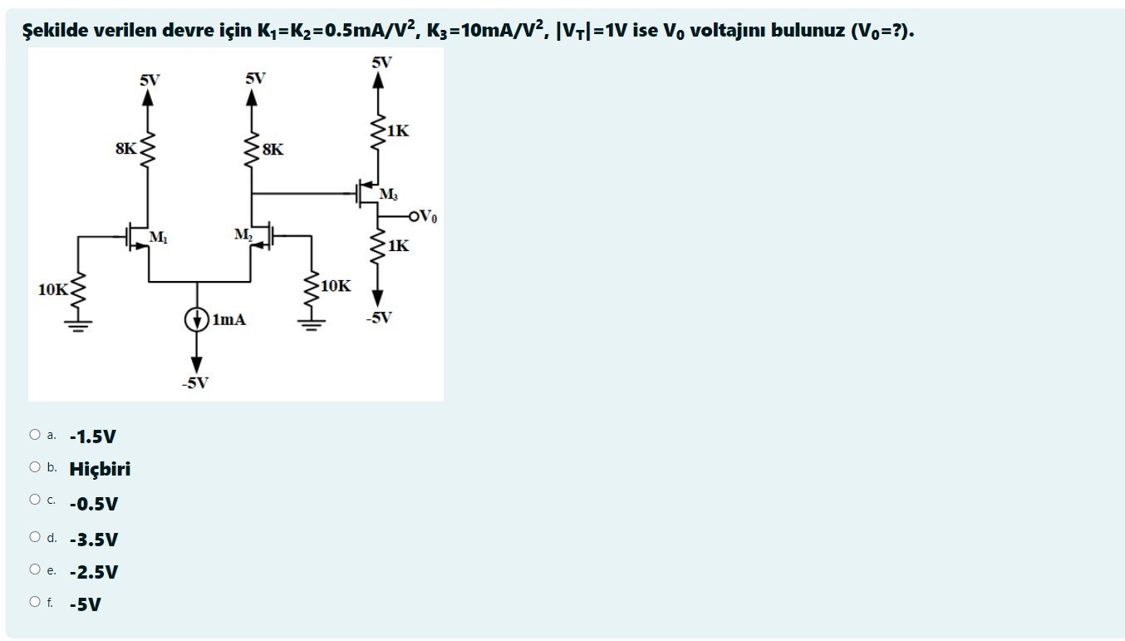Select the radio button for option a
pos(34,435)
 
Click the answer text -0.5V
pos(94,504)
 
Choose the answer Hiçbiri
pos(100,469)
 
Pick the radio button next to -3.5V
pos(34,538)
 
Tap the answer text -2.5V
pos(94,572)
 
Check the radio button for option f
pos(34,602)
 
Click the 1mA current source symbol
pos(197,319)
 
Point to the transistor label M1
pos(158,239)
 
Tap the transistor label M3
pos(388,195)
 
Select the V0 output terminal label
pos(425,218)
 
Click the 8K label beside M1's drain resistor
pos(126,149)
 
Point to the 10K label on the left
pos(53,289)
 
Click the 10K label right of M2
pos(335,286)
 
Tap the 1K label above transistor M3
pos(398,131)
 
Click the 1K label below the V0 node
pos(398,245)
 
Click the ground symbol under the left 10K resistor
pos(79,325)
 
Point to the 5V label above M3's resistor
pos(381,62)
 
